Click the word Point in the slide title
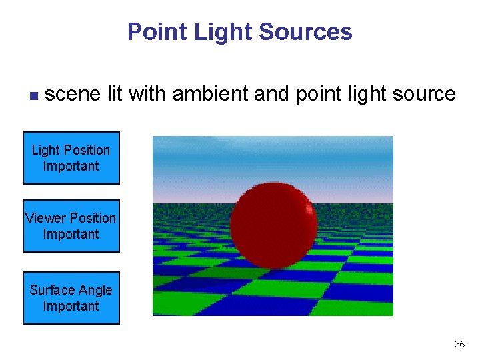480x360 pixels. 151,32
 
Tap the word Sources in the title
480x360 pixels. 313,32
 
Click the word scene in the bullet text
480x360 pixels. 73,94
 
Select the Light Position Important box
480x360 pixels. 71,158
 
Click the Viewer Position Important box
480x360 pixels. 71,226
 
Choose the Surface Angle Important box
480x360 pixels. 71,298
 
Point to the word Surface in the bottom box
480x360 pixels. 52,290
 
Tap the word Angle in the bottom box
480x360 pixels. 95,290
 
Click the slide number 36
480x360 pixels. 459,344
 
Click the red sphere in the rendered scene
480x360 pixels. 273,227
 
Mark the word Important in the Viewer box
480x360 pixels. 71,234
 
